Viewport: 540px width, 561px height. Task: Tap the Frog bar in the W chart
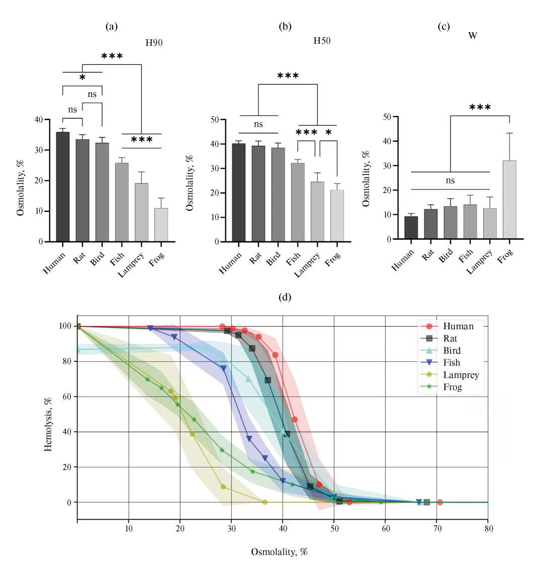(x=509, y=200)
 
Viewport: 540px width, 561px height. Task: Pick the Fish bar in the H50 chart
(x=298, y=202)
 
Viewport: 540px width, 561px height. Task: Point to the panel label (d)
(x=285, y=297)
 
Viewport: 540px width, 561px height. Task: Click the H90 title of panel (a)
(x=154, y=43)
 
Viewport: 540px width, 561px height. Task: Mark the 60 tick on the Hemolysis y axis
(x=67, y=397)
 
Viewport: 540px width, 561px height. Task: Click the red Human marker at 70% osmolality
(x=440, y=502)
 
